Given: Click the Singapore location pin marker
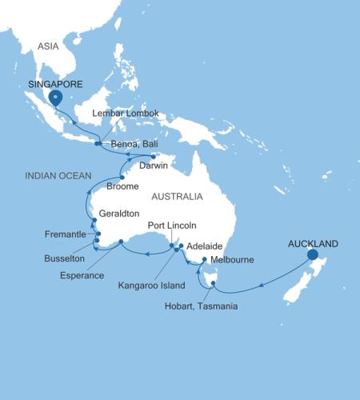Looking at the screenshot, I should pyautogui.click(x=55, y=98).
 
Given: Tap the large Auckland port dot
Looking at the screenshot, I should pyautogui.click(x=312, y=255).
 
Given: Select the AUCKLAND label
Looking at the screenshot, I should pyautogui.click(x=313, y=243).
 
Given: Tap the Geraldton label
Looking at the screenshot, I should pyautogui.click(x=120, y=215).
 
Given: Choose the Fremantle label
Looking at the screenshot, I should pyautogui.click(x=67, y=234).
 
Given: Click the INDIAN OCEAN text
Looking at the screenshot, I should pyautogui.click(x=51, y=174).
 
